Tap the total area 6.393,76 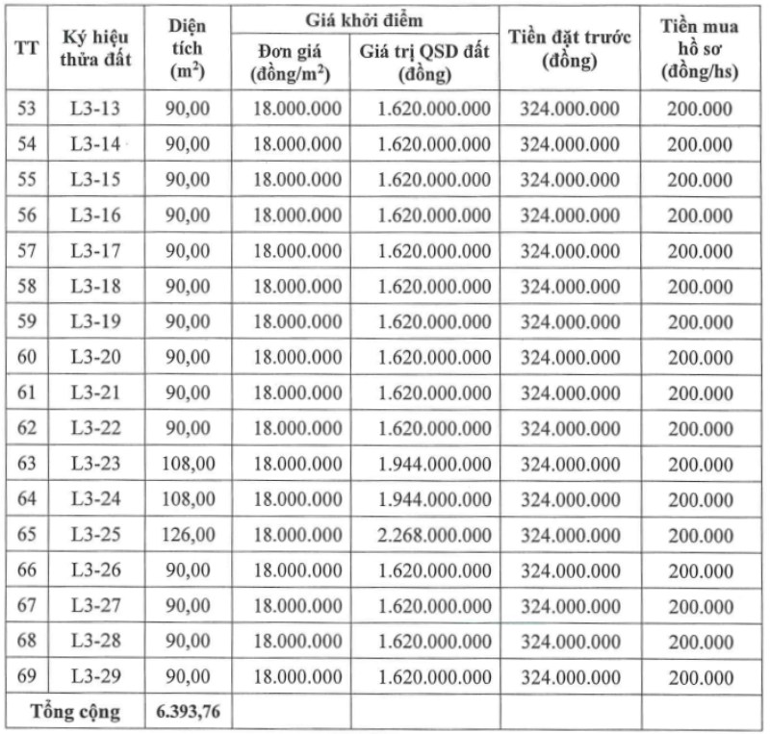pyautogui.click(x=188, y=712)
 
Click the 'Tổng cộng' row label pyautogui.click(x=76, y=712)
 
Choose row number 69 pyautogui.click(x=27, y=675)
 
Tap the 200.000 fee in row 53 pyautogui.click(x=700, y=109)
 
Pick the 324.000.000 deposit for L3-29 pyautogui.click(x=570, y=675)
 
